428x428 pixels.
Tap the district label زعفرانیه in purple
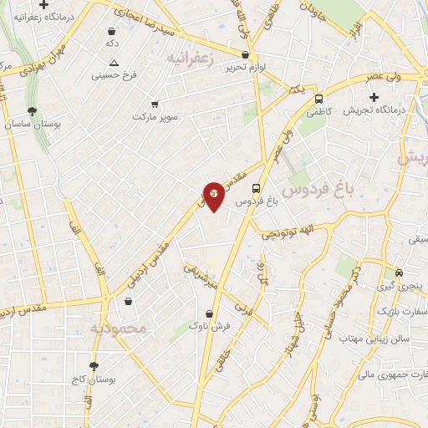pos(198,58)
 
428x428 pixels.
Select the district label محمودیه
pos(118,328)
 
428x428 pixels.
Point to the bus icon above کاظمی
pos(318,97)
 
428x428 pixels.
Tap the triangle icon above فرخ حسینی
pos(114,63)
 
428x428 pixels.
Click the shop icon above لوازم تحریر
pos(245,54)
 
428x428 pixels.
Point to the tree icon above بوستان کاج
pos(94,366)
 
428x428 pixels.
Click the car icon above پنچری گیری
pos(400,273)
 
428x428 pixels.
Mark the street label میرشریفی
pos(201,275)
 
